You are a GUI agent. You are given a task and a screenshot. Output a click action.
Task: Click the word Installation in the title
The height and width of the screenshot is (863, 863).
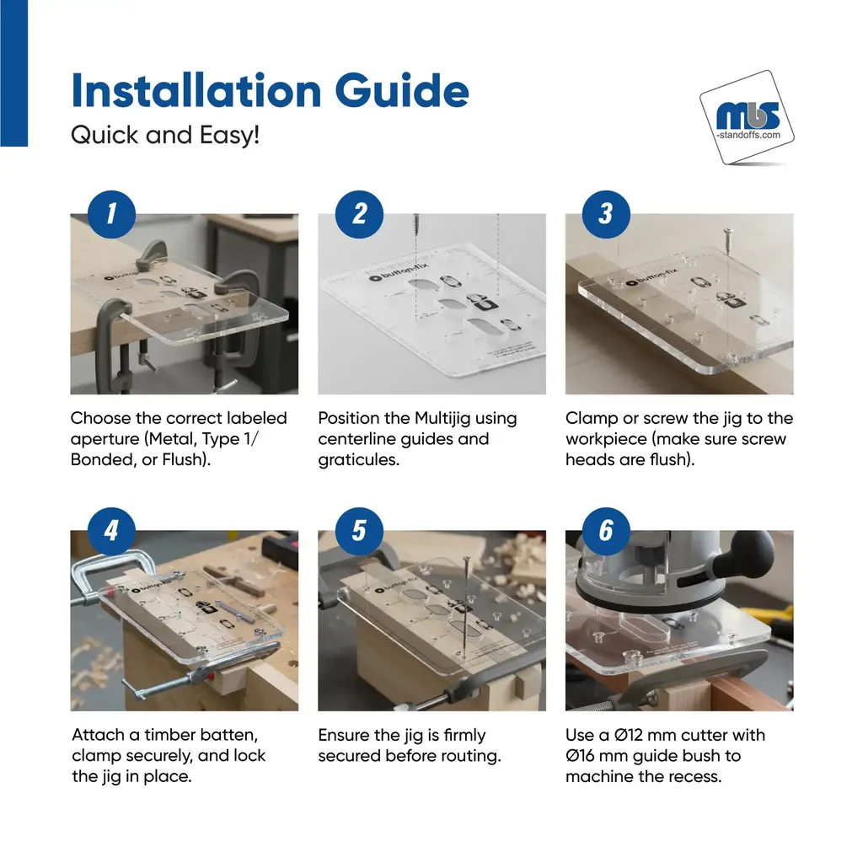(196, 90)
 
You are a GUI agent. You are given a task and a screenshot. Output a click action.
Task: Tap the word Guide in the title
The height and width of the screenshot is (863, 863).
(402, 90)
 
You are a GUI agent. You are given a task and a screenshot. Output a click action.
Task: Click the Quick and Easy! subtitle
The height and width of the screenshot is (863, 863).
(165, 135)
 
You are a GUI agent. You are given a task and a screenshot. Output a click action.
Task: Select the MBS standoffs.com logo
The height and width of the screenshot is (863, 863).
(747, 117)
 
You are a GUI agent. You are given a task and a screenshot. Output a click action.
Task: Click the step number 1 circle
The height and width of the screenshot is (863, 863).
(111, 214)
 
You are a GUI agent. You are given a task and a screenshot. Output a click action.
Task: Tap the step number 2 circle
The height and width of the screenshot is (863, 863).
(359, 214)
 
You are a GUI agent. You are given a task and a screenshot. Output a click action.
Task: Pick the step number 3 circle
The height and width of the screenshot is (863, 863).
(606, 214)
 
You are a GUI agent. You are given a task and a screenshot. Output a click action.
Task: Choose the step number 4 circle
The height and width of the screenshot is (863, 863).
(111, 531)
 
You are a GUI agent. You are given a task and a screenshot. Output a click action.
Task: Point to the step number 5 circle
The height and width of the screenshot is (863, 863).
(359, 531)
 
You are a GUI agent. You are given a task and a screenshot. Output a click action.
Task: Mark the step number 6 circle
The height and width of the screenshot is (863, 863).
(606, 531)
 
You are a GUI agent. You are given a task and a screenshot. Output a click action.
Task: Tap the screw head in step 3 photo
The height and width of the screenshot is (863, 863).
(727, 232)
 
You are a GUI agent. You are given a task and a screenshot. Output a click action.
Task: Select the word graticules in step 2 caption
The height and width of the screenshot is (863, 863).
(359, 460)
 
